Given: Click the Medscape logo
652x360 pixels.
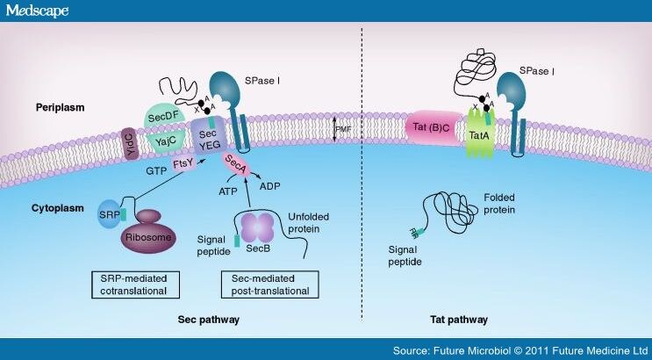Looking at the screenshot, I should click(36, 11).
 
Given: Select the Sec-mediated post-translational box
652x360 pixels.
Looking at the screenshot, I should click(269, 284).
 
